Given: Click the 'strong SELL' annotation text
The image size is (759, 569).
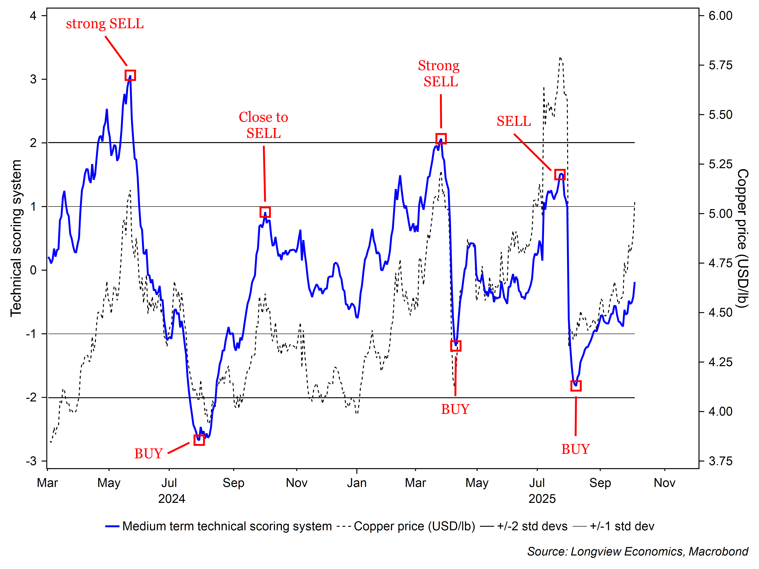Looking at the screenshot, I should tap(105, 24).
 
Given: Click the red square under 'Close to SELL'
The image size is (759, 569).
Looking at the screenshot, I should tap(265, 212).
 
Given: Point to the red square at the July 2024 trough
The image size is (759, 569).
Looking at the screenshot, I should tap(199, 440).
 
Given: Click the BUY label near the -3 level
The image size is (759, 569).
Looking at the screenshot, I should tap(148, 453).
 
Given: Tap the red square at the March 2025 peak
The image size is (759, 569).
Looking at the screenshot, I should tap(441, 139).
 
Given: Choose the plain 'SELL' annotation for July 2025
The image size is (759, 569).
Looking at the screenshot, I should tap(514, 121).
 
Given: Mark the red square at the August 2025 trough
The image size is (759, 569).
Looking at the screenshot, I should tap(576, 386).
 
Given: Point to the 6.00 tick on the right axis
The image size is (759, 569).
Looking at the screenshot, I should tap(721, 16).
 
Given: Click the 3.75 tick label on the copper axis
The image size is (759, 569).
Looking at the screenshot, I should tap(721, 461).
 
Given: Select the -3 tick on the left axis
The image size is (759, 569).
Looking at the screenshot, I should tap(31, 461).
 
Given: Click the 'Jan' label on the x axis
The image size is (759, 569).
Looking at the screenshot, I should tap(357, 483).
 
